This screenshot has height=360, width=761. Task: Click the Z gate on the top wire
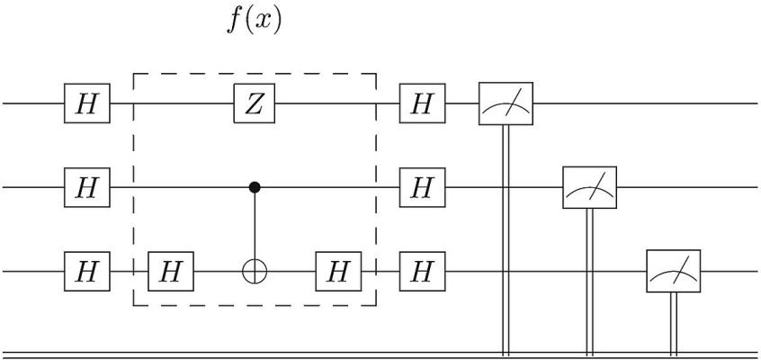click(x=255, y=103)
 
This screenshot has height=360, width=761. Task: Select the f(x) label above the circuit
click(x=254, y=22)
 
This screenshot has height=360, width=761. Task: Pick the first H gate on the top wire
click(x=87, y=103)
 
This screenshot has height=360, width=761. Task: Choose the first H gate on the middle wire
click(x=87, y=187)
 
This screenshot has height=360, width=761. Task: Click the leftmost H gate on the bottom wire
click(x=87, y=271)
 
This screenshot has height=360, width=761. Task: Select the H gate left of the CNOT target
click(x=171, y=271)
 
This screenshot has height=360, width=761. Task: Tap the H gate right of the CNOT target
click(x=338, y=271)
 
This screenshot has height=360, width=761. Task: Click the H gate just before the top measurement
click(x=422, y=103)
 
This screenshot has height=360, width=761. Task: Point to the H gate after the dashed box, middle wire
click(x=422, y=187)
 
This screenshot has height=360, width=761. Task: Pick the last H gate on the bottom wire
click(x=422, y=271)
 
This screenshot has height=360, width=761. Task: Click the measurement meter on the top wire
click(x=506, y=103)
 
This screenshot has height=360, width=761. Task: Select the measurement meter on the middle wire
click(x=590, y=187)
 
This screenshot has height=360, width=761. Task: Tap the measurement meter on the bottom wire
click(x=673, y=271)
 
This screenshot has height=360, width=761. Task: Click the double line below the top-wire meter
click(x=506, y=240)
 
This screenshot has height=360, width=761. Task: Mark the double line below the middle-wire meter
click(x=590, y=282)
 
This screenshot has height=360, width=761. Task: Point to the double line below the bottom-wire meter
click(x=673, y=324)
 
